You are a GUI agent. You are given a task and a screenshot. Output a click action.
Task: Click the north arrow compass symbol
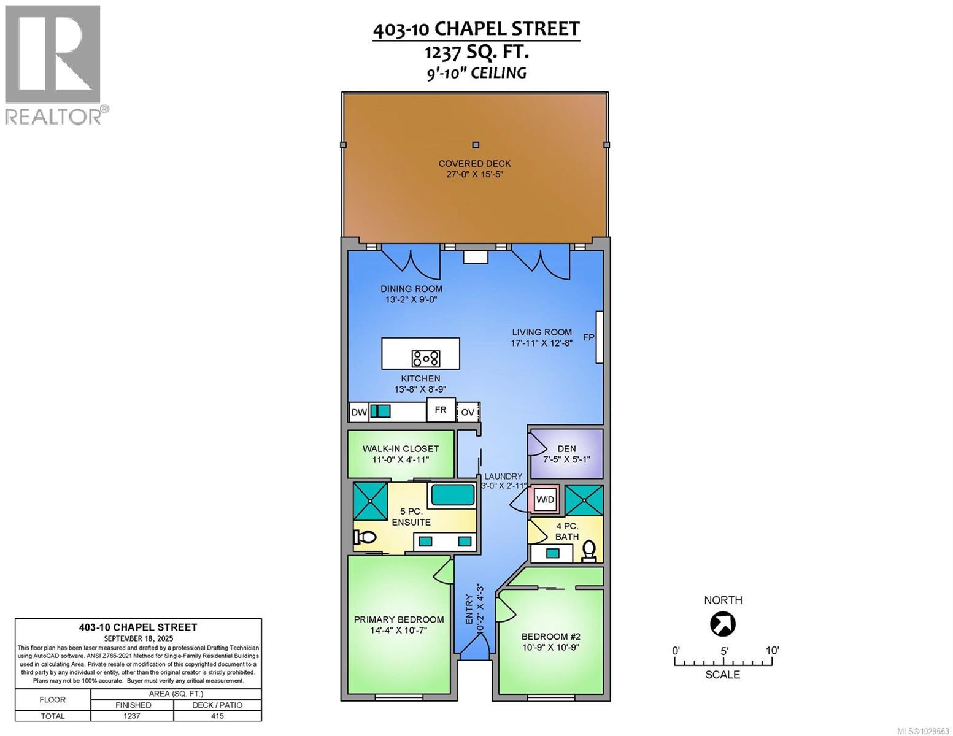[x=722, y=624]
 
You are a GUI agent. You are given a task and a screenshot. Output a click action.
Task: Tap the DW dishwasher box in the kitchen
[x=359, y=412]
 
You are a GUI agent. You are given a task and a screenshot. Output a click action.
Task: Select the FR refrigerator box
[x=441, y=410]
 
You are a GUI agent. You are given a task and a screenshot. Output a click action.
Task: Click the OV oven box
[x=468, y=412]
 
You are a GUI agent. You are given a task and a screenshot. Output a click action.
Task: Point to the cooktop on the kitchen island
[x=426, y=358]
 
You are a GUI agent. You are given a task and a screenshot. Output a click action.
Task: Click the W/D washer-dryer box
[x=545, y=499]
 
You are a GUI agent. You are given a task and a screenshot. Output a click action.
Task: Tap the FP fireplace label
[x=588, y=337]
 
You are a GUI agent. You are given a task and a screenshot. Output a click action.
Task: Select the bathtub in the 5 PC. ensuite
[x=453, y=495]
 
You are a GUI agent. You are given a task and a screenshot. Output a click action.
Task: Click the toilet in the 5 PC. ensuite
[x=364, y=538]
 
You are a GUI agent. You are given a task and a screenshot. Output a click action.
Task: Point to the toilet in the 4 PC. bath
[x=589, y=550]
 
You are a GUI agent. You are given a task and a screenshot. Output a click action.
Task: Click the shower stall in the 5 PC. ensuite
[x=371, y=500]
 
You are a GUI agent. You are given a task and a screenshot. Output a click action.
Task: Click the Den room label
[x=566, y=448]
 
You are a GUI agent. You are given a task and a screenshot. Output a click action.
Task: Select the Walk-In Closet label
[x=400, y=448]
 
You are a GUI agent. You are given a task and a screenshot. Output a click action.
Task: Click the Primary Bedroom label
[x=398, y=619]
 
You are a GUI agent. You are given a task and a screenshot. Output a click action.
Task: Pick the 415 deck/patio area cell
[x=217, y=716]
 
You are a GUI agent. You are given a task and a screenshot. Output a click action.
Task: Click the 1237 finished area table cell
[x=133, y=716]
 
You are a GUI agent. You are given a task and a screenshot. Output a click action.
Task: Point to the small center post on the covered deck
[x=476, y=145]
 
